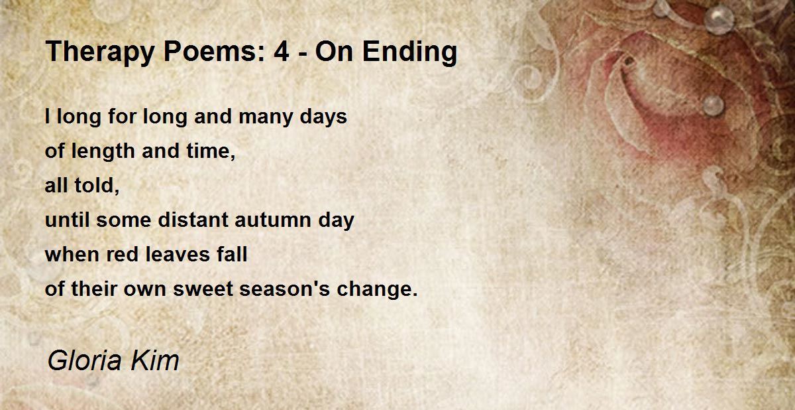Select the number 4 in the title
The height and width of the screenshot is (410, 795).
(282, 52)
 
